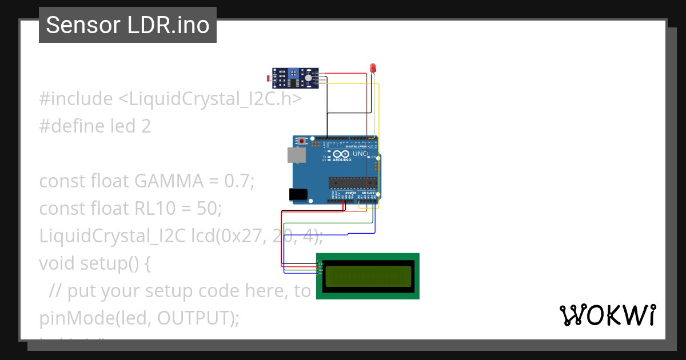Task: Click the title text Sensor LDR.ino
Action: (x=127, y=25)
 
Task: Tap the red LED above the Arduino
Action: (x=373, y=69)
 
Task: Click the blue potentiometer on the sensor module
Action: (x=294, y=73)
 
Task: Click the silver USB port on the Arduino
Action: (x=296, y=155)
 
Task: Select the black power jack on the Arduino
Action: (x=298, y=194)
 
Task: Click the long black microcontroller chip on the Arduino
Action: (x=352, y=183)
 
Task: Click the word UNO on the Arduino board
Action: (x=360, y=154)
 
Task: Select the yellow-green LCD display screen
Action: (x=368, y=277)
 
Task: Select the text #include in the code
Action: (x=76, y=99)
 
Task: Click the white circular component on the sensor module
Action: (x=308, y=77)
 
